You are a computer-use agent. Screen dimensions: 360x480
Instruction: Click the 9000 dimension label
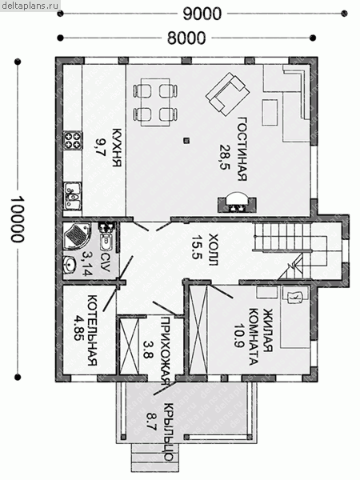[202, 14]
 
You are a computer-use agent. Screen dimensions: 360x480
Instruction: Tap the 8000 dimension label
[186, 38]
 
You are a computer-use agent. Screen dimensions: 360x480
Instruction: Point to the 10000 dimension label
[17, 218]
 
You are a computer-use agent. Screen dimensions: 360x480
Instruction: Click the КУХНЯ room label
[117, 147]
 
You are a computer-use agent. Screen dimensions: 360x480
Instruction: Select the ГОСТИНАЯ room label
[242, 149]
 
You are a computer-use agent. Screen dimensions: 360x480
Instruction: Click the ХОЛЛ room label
[213, 250]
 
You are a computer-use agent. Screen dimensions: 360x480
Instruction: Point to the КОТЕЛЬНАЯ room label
[92, 330]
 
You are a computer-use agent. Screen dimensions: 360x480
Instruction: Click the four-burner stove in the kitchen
[73, 140]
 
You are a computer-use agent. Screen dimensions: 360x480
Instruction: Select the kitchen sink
[73, 196]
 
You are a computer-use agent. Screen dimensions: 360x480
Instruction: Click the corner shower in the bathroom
[77, 236]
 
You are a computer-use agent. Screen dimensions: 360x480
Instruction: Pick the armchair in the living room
[228, 94]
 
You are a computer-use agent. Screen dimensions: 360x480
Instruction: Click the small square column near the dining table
[186, 141]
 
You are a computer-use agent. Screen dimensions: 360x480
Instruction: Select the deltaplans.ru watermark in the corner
[30, 6]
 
